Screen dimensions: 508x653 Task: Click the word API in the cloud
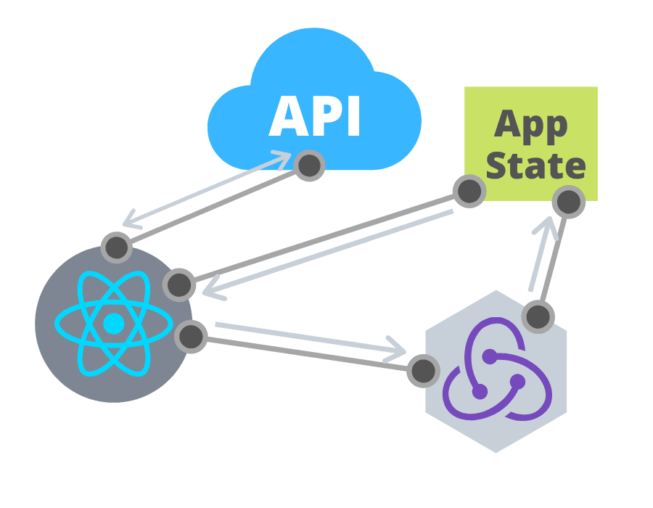click(314, 116)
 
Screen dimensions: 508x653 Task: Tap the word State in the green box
click(535, 165)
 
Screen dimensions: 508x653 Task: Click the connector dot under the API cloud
click(310, 165)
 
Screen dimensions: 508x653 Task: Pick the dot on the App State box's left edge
click(469, 192)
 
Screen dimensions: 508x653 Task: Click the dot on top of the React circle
click(116, 247)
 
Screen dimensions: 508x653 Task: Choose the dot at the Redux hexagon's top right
click(538, 316)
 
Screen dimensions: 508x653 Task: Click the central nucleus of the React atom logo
click(113, 324)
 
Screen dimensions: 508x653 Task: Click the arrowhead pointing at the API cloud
click(282, 157)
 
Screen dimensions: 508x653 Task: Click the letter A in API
click(286, 116)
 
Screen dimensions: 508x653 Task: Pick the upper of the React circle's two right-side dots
click(178, 284)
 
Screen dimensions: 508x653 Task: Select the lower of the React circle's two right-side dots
click(192, 336)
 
